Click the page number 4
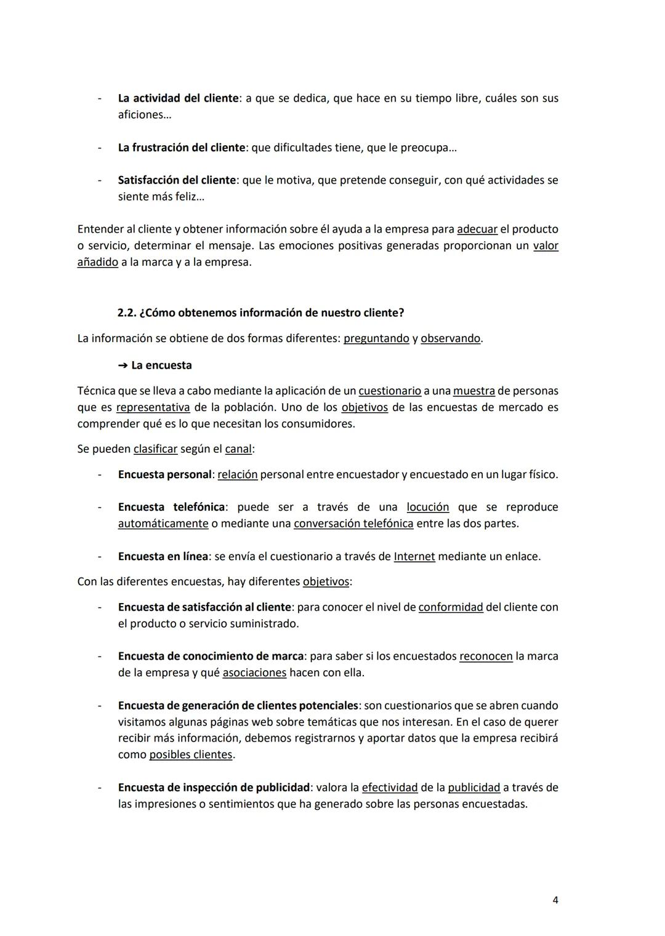tap(555, 900)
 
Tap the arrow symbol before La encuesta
tap(122, 366)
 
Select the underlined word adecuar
tap(477, 230)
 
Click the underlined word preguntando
tap(376, 338)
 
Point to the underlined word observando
tap(450, 338)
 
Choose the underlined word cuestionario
tap(390, 391)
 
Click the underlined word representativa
tap(153, 407)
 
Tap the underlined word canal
tap(238, 449)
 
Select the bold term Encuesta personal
tap(164, 475)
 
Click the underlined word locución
tap(427, 507)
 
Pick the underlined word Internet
tap(414, 557)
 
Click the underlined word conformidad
tap(450, 607)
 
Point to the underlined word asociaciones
tap(254, 673)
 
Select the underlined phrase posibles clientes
tap(191, 755)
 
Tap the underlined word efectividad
tap(389, 788)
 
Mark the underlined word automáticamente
tap(163, 524)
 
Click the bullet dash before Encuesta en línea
tap(99, 557)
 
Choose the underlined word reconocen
tap(486, 657)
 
